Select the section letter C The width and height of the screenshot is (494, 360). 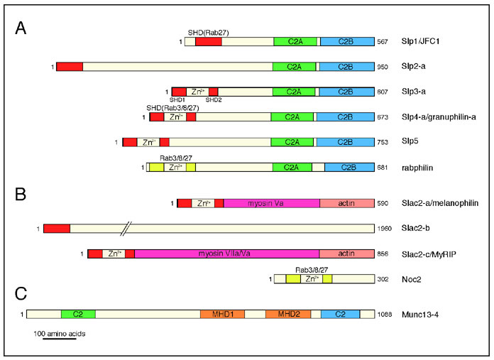(21, 293)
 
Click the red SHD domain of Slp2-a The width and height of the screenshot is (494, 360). (70, 67)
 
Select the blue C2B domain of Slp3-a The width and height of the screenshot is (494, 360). (346, 92)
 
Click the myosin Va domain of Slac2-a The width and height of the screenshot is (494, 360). (271, 204)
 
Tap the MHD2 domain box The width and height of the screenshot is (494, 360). (288, 313)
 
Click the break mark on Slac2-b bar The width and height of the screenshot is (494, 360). (126, 229)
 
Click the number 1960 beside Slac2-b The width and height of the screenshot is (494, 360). (386, 229)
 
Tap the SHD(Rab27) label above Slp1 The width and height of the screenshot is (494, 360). (208, 33)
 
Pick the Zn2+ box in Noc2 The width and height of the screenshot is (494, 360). (311, 280)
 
